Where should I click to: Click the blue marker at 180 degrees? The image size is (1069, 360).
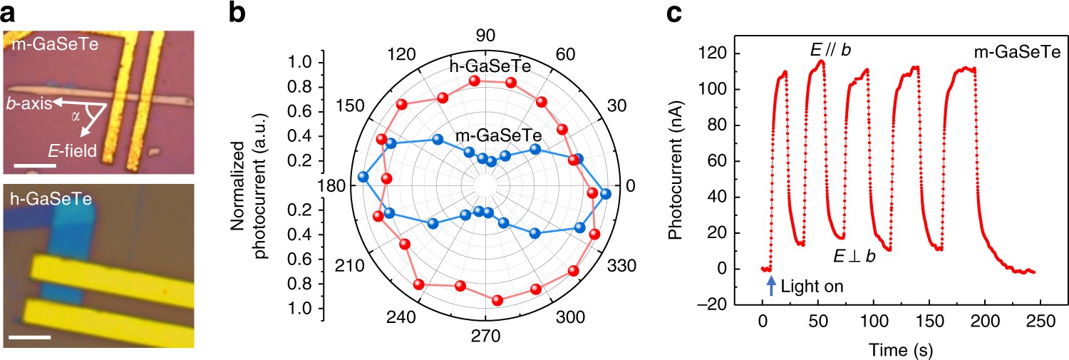pos(364,177)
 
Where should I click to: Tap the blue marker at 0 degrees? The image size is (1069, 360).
pos(606,194)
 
